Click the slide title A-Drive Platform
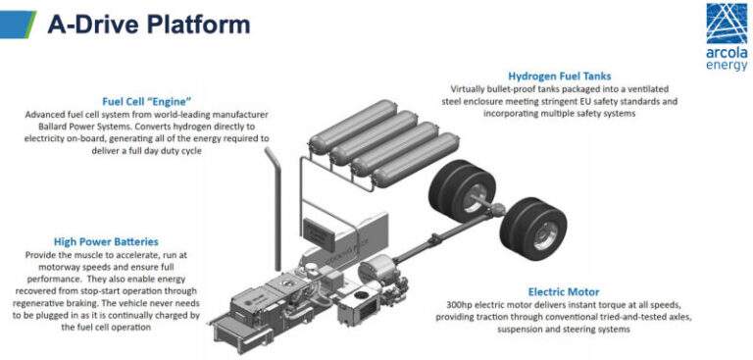149,24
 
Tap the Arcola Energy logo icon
727,24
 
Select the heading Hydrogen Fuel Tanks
560,76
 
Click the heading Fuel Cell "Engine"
146,101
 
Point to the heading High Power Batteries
106,241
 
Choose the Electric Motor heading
564,291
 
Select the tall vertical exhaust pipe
275,208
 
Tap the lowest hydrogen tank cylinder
416,160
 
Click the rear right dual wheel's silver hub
545,235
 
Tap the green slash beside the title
30,25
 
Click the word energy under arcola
727,66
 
